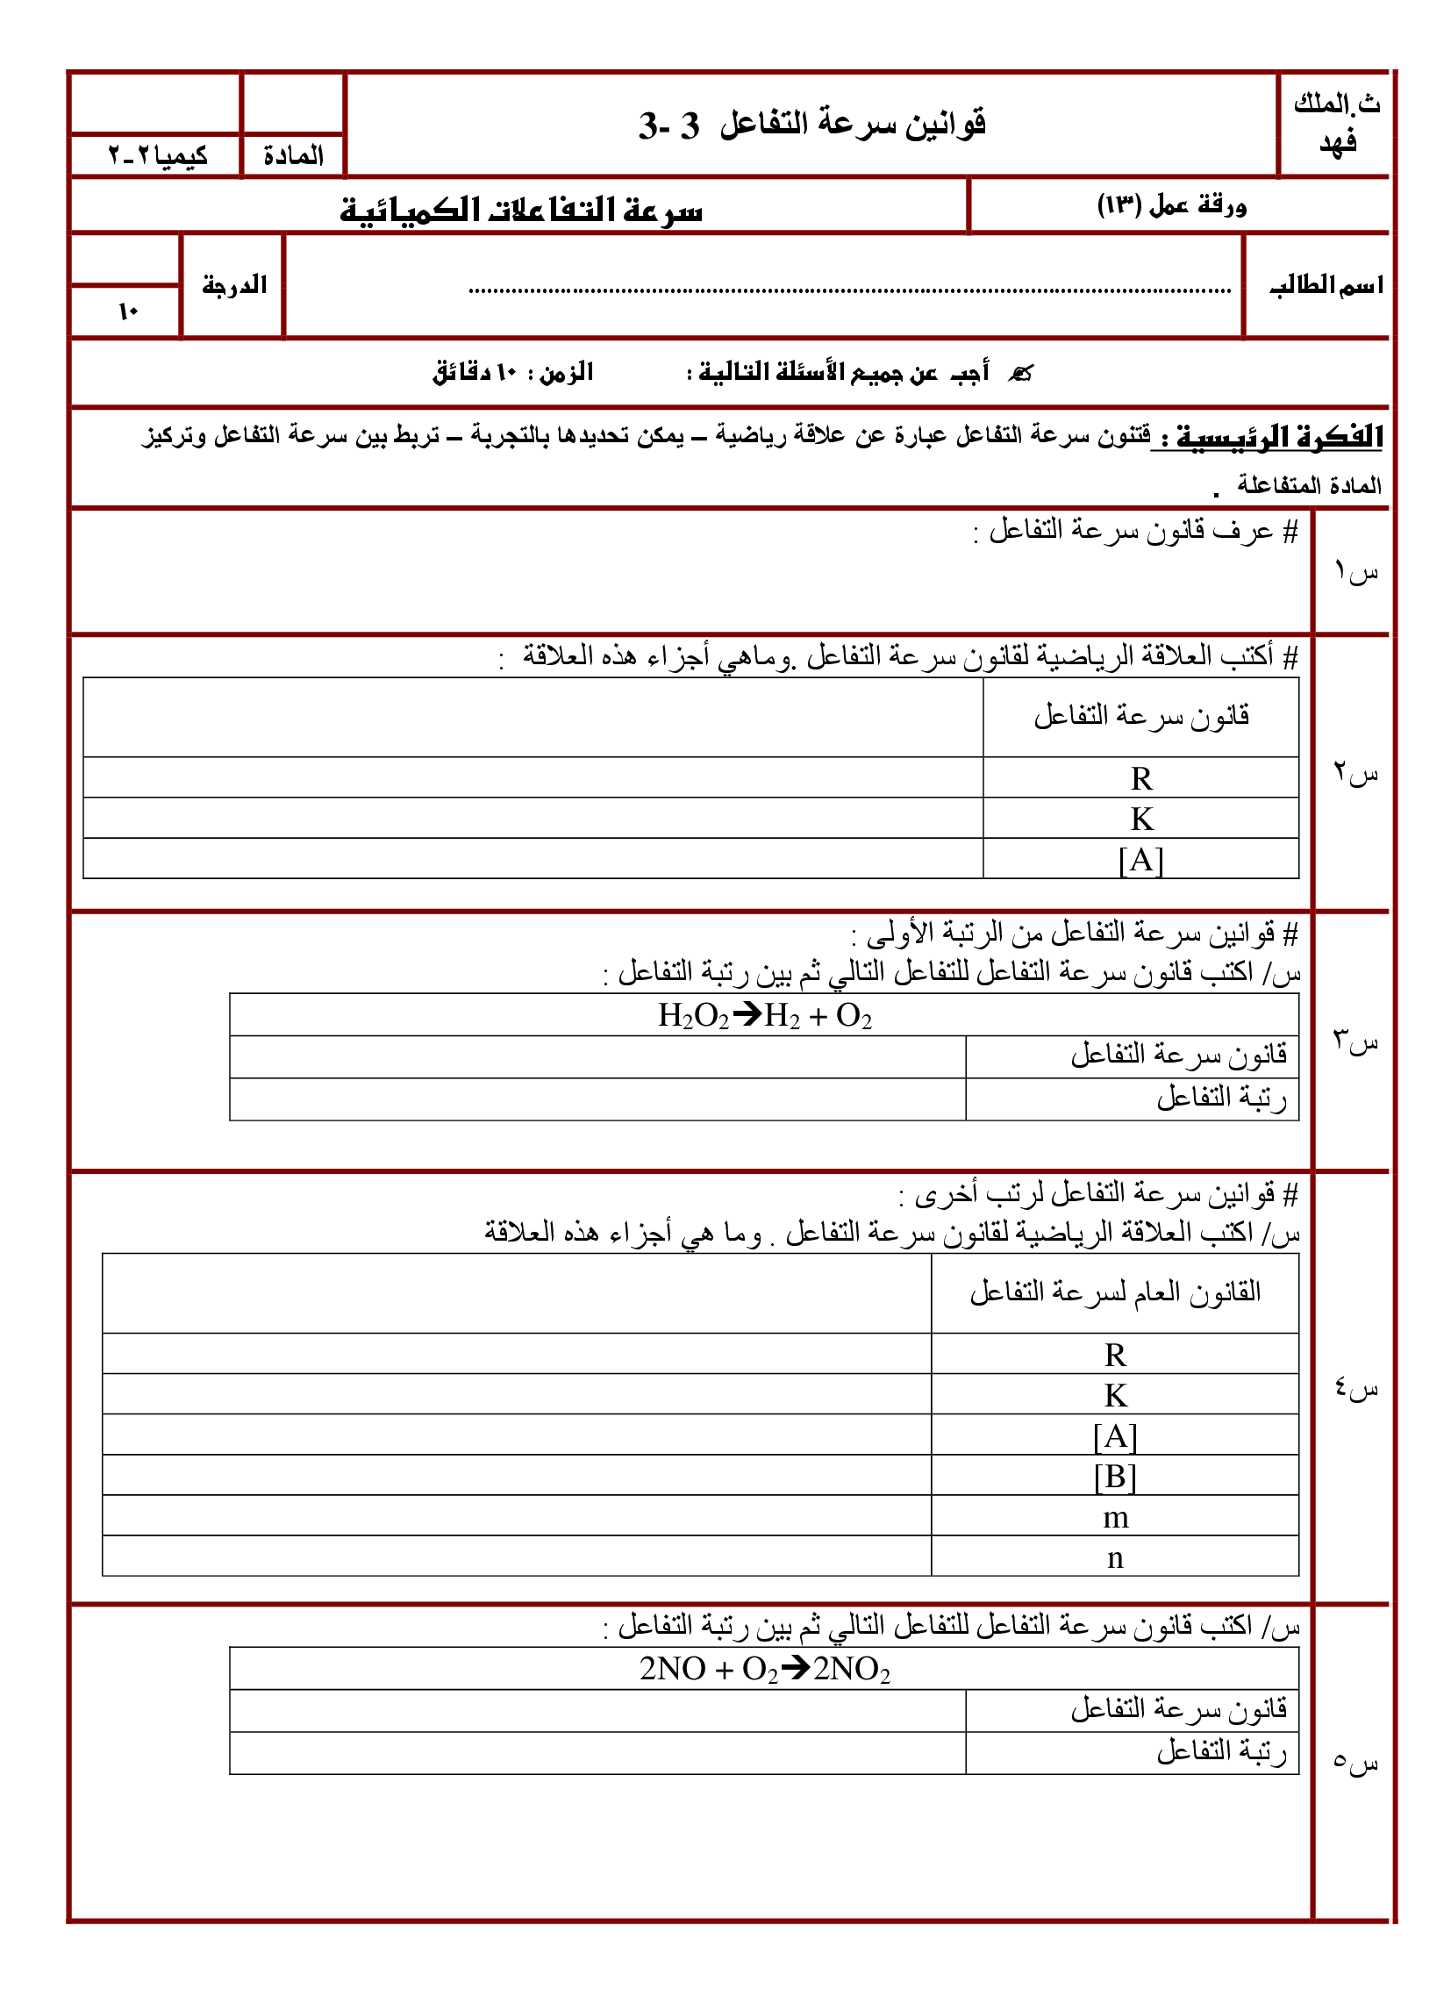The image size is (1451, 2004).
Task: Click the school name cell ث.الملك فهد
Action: coord(1335,124)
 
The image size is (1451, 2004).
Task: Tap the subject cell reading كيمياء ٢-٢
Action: coord(157,156)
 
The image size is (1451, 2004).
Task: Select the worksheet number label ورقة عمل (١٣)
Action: coord(1172,206)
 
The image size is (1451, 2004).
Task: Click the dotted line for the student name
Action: coord(848,290)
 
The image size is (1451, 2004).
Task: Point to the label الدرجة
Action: coord(234,285)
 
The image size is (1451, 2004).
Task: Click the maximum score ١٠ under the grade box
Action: coord(128,311)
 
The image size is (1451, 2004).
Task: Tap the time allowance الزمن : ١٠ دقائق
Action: coord(512,372)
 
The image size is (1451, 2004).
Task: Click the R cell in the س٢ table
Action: coord(1140,778)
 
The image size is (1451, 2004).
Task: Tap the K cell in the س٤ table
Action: coord(1115,1395)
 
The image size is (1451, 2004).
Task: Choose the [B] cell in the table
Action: coord(1115,1477)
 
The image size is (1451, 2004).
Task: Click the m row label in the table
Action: coord(1115,1517)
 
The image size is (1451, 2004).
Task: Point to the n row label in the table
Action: coord(1115,1557)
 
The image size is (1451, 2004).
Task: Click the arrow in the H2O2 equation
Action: coord(747,1014)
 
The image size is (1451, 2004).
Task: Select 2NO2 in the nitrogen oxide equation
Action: coord(852,1668)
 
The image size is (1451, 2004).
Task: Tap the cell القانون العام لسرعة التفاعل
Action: coord(1115,1292)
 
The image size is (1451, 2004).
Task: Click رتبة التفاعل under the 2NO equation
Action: coord(1221,1750)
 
